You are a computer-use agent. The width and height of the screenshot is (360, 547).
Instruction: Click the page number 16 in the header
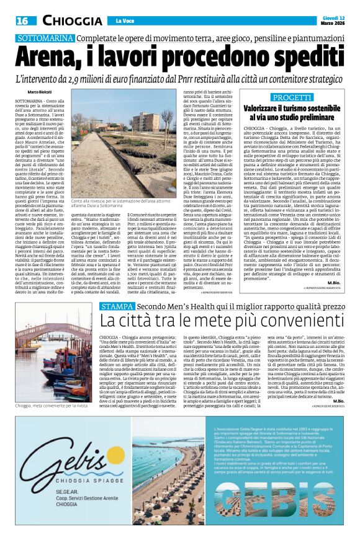point(21,21)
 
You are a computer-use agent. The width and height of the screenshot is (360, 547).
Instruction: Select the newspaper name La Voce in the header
point(126,22)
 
